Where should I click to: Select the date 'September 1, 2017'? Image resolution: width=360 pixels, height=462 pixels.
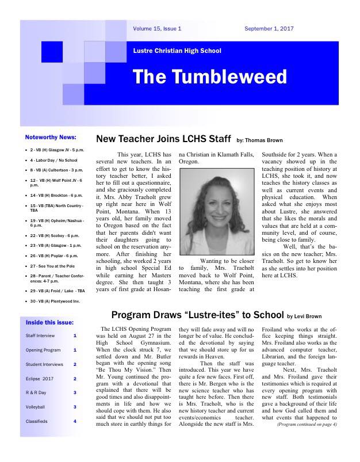[x=269, y=28]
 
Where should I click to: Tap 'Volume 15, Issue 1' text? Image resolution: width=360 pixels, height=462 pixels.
[x=157, y=28]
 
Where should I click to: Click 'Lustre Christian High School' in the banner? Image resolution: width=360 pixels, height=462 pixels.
[x=177, y=51]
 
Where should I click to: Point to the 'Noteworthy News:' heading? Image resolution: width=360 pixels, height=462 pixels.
[x=51, y=138]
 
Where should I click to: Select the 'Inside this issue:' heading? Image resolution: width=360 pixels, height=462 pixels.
[x=49, y=322]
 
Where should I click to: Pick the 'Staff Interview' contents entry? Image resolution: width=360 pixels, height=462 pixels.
[x=40, y=335]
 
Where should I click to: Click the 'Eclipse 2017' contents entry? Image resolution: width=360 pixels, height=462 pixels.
[x=39, y=379]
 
